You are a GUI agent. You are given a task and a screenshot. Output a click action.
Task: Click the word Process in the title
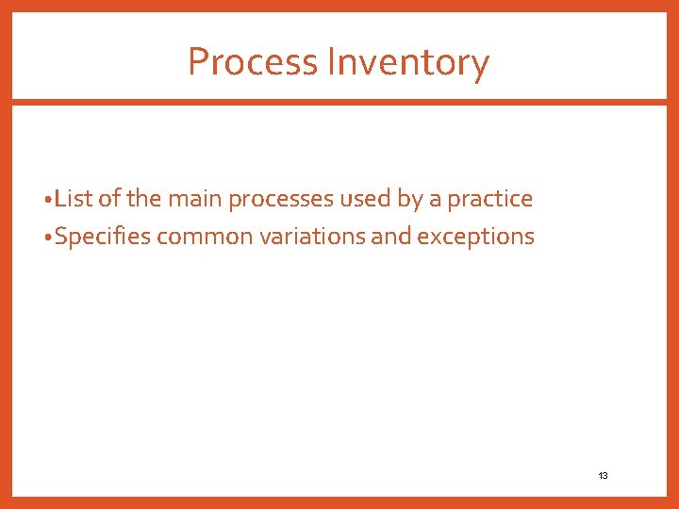(x=253, y=62)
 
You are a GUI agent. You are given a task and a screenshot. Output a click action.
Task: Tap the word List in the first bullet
(x=71, y=199)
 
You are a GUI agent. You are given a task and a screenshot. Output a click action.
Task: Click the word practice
(x=489, y=199)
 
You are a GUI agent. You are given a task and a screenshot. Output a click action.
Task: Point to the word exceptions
(x=475, y=237)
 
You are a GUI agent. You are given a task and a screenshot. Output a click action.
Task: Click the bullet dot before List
(x=48, y=201)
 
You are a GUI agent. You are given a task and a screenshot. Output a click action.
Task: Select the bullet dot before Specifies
(x=48, y=238)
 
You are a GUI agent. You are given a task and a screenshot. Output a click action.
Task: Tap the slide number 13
(x=603, y=476)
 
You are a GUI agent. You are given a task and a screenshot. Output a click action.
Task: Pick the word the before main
(x=143, y=199)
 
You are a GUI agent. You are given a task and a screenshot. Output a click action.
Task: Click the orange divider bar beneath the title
(x=339, y=102)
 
